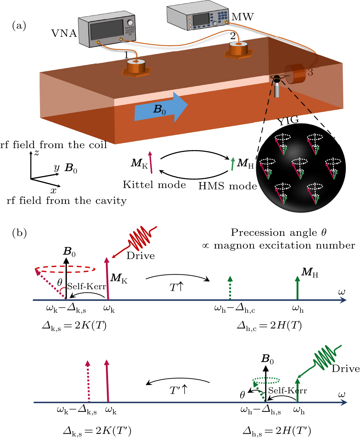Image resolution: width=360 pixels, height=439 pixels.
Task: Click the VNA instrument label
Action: (x=64, y=33)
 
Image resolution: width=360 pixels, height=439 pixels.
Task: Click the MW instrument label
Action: (x=242, y=17)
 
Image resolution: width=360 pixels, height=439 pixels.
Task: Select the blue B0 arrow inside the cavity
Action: (x=161, y=108)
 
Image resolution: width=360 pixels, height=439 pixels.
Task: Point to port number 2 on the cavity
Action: (x=233, y=36)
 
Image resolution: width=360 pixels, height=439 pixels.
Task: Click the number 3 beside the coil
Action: (x=310, y=73)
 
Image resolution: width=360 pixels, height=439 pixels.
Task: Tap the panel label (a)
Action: (x=19, y=26)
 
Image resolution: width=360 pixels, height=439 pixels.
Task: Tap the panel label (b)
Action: (x=19, y=233)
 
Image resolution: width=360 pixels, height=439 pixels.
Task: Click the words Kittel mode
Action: (x=154, y=185)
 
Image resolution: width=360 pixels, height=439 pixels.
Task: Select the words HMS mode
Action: (x=227, y=186)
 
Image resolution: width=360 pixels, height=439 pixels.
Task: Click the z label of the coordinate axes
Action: (x=36, y=153)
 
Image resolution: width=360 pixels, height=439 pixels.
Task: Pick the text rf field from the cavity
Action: (x=67, y=201)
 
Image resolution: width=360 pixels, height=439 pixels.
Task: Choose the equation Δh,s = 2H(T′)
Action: (x=277, y=431)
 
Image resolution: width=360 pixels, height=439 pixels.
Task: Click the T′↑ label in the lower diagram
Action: (x=178, y=390)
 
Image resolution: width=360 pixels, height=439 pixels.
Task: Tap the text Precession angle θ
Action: (x=279, y=233)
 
